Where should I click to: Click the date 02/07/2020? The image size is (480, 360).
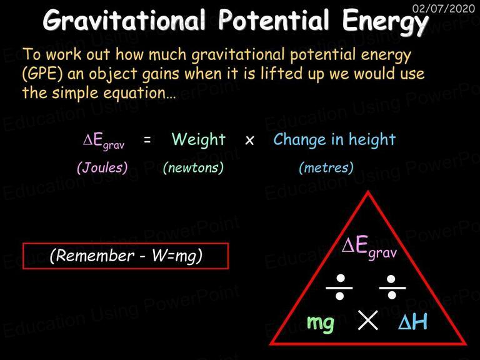(444, 8)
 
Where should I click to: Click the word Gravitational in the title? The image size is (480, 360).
(124, 20)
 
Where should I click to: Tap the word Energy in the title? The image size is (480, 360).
(385, 21)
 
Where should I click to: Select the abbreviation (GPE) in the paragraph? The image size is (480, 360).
(42, 74)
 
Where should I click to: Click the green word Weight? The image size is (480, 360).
(199, 139)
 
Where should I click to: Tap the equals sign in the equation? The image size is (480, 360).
(147, 140)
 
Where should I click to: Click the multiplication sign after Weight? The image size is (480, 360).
(249, 141)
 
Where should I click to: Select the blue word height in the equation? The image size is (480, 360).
(372, 139)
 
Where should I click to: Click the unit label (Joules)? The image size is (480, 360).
(102, 167)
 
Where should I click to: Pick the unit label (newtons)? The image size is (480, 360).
(194, 167)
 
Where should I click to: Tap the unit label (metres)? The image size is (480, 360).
(326, 167)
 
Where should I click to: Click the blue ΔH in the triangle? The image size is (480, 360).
(412, 321)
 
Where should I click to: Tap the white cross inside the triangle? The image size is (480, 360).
(367, 320)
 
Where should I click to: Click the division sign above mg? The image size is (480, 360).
(339, 287)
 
